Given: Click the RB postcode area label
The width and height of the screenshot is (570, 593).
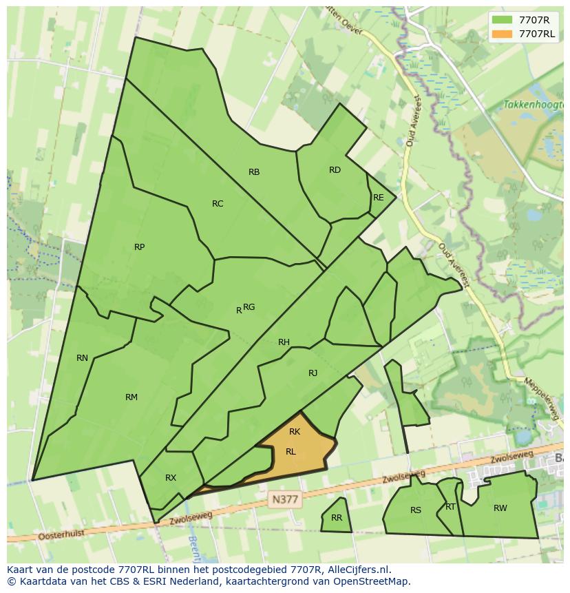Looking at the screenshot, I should click(254, 172).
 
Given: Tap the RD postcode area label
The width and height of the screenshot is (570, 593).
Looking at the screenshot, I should click(335, 170).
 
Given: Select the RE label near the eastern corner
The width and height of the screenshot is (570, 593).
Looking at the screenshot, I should click(378, 198).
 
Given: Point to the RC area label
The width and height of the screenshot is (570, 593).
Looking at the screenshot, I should click(218, 203).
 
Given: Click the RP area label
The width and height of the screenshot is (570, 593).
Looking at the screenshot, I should click(139, 247).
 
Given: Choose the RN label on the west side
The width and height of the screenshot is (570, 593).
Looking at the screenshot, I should click(82, 357).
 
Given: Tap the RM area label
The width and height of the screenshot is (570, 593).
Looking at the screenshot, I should click(131, 397).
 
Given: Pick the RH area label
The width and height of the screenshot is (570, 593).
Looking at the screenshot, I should click(284, 342).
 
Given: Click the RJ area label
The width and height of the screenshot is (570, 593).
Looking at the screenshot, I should click(313, 373).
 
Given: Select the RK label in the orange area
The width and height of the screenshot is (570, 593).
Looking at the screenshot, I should click(295, 432).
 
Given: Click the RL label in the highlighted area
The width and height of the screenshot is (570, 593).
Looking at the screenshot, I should click(291, 452).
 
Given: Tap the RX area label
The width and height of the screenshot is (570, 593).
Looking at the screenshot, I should click(171, 478).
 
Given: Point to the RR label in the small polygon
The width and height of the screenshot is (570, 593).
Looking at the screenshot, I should click(337, 518).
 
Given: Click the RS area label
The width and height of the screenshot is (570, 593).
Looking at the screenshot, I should click(415, 510).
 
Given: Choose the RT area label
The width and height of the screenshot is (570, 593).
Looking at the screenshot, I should click(450, 507).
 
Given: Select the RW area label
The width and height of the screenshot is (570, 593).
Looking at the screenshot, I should click(500, 508).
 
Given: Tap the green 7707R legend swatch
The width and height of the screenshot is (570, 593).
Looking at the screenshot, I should click(503, 19).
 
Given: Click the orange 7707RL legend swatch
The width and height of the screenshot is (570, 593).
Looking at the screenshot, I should click(503, 33).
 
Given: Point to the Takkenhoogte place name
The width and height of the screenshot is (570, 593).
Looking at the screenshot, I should click(531, 105).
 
